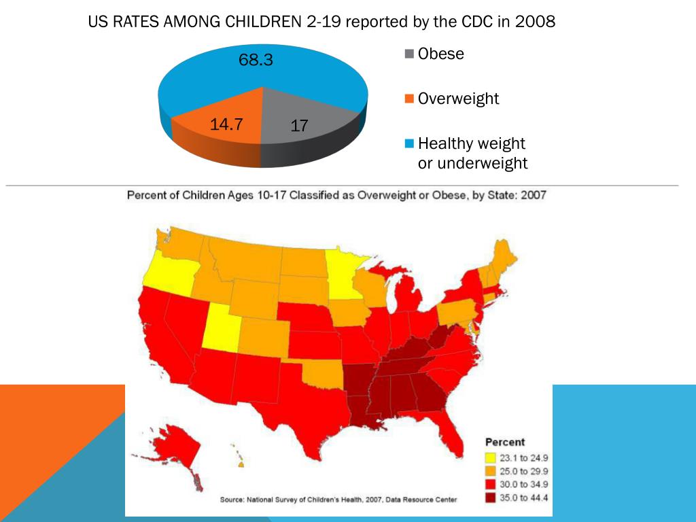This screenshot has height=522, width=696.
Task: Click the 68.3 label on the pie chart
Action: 256,60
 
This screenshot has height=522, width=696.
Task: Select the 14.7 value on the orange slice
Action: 227,124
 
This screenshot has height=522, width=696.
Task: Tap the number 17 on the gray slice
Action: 300,126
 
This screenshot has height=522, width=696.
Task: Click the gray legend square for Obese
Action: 409,54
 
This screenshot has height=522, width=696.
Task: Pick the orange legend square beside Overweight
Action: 409,99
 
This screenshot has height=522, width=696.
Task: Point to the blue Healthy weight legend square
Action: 409,144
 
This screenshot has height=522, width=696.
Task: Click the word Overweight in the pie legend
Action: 458,99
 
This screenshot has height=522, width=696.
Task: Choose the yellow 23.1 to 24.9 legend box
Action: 491,457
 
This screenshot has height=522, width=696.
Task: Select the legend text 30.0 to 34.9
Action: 524,485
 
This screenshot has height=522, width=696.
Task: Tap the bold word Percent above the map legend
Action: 504,442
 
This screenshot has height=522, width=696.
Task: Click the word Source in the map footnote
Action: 233,500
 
